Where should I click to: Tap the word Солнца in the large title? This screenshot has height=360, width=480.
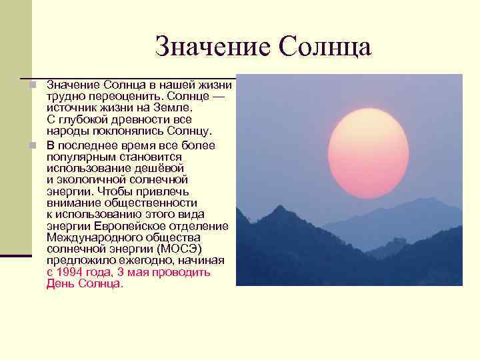click(x=325, y=47)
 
